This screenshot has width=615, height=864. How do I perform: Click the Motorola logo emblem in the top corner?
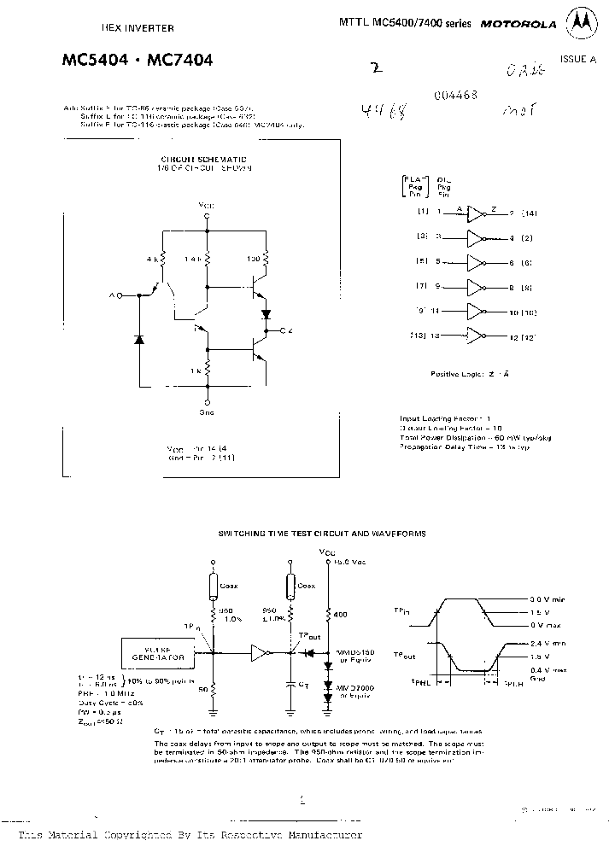586,24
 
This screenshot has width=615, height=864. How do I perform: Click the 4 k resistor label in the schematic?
152,257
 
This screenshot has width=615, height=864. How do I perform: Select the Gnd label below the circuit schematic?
208,412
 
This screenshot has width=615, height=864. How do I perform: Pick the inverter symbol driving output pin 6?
477,261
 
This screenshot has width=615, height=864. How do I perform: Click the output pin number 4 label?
512,237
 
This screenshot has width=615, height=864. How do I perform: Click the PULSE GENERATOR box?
156,653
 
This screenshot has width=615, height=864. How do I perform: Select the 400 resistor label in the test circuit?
341,614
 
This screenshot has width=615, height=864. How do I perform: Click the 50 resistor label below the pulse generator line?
202,688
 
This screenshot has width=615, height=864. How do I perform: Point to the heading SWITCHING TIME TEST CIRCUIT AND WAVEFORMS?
322,533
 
